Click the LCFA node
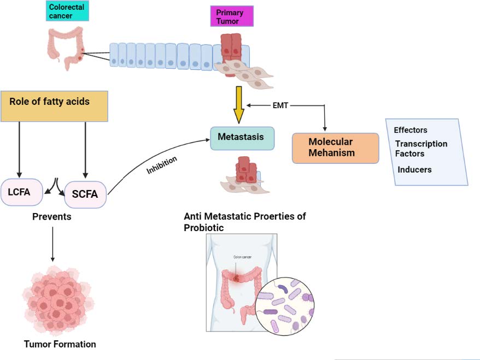point(21,192)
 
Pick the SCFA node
point(85,194)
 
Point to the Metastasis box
point(242,138)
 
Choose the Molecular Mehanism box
point(335,147)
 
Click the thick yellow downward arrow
point(239,106)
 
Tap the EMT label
point(280,105)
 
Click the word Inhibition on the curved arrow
point(162,164)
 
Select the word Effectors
point(411,130)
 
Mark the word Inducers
point(414,169)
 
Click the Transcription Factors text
point(421,149)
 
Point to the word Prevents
point(51,217)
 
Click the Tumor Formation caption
point(60,344)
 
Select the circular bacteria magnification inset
point(285,305)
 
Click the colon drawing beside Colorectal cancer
point(66,48)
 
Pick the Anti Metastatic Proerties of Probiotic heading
point(244,221)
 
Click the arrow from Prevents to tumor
point(52,243)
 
